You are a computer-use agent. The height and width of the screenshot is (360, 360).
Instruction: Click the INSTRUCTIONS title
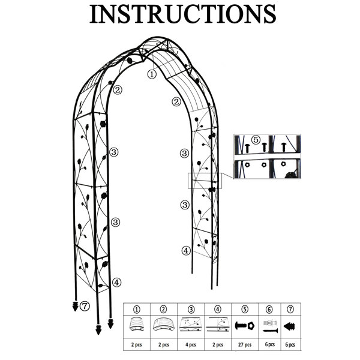point(183,14)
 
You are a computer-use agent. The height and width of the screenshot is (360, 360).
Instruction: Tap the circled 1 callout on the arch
point(152,74)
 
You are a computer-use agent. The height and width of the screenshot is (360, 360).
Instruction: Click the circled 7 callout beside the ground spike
point(85,306)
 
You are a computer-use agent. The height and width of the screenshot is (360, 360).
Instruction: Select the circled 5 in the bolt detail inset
point(256,140)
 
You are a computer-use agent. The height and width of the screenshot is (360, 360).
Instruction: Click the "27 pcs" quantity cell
point(245,344)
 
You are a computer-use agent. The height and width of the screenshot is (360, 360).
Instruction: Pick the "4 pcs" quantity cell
point(191,344)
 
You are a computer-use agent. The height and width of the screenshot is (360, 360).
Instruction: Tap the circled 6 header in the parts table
point(269,309)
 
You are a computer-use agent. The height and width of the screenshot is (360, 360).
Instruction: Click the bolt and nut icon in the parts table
point(245,326)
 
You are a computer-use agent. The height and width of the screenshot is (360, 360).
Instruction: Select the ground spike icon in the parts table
point(290,326)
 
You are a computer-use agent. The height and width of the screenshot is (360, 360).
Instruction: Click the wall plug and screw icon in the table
point(270,326)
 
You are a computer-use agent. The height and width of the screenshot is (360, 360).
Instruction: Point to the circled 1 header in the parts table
point(137,309)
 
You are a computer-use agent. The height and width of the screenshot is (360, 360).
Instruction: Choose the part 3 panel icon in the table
point(191,324)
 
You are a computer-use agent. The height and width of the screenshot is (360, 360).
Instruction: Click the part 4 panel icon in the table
point(218,324)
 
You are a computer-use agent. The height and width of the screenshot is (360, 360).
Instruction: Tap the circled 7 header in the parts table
point(290,309)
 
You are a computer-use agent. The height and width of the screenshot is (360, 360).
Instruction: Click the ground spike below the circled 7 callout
point(75,306)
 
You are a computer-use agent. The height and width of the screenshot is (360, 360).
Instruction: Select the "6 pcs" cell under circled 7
point(290,344)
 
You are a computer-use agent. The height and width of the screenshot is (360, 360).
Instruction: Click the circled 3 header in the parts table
point(191,309)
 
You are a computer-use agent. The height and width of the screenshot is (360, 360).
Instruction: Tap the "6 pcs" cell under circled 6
point(270,344)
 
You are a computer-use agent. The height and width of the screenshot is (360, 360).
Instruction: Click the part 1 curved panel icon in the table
point(137,324)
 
